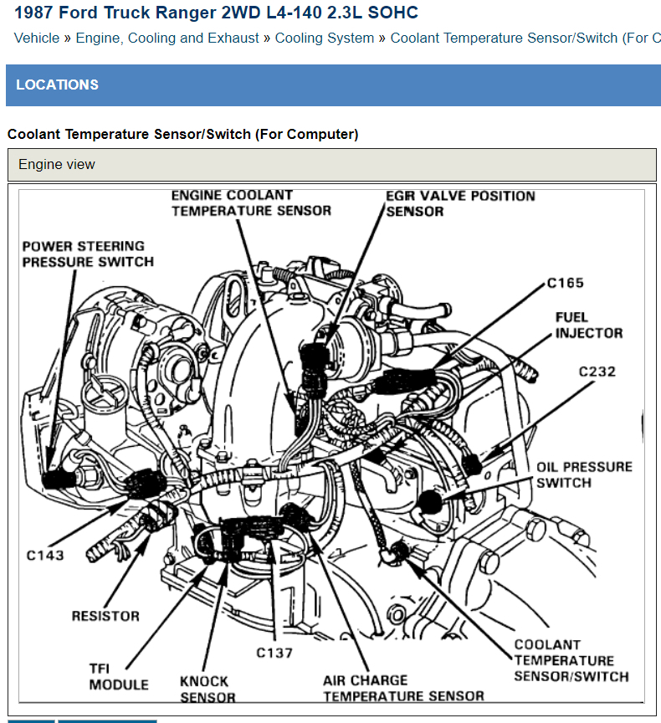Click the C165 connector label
click(566, 283)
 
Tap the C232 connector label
click(597, 371)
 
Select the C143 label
click(44, 555)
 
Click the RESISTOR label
click(105, 616)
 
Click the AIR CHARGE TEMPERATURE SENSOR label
click(403, 688)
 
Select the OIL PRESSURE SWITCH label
click(584, 474)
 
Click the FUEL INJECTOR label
click(589, 325)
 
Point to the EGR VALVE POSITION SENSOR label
click(460, 203)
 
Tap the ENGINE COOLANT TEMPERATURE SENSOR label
click(251, 203)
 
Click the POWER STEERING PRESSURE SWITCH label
click(88, 254)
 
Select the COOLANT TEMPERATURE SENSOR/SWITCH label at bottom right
click(571, 660)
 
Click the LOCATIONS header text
click(57, 85)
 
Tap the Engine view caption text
click(57, 165)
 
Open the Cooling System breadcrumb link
click(325, 38)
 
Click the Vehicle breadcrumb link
click(37, 38)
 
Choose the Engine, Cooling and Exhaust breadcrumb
click(167, 38)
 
